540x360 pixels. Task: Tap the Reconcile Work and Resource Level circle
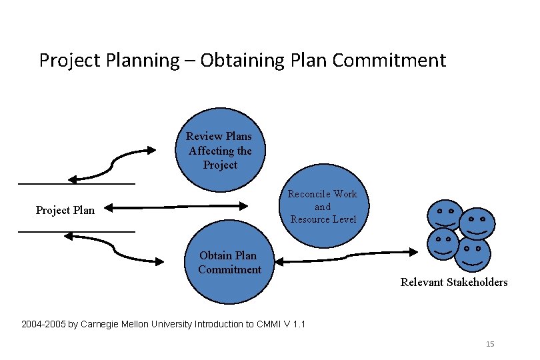(323, 207)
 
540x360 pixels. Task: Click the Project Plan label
(65, 210)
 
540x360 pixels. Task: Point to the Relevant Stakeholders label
(453, 282)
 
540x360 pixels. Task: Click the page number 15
(490, 344)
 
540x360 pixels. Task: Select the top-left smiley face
(445, 215)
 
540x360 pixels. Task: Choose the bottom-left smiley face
(442, 243)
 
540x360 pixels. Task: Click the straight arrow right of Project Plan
(176, 207)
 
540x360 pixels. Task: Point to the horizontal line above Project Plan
(77, 183)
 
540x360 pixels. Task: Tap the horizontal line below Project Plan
(77, 231)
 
